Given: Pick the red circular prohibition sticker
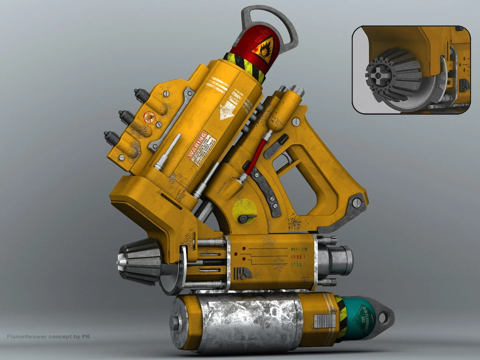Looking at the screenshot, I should [x=149, y=117].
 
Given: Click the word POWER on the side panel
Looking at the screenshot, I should [x=299, y=249].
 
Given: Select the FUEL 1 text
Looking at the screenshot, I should [x=298, y=257].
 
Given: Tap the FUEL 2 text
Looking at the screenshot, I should [x=298, y=264].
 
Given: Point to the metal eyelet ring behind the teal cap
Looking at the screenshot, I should [x=383, y=317].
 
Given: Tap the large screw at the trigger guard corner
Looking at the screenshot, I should [x=357, y=202].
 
